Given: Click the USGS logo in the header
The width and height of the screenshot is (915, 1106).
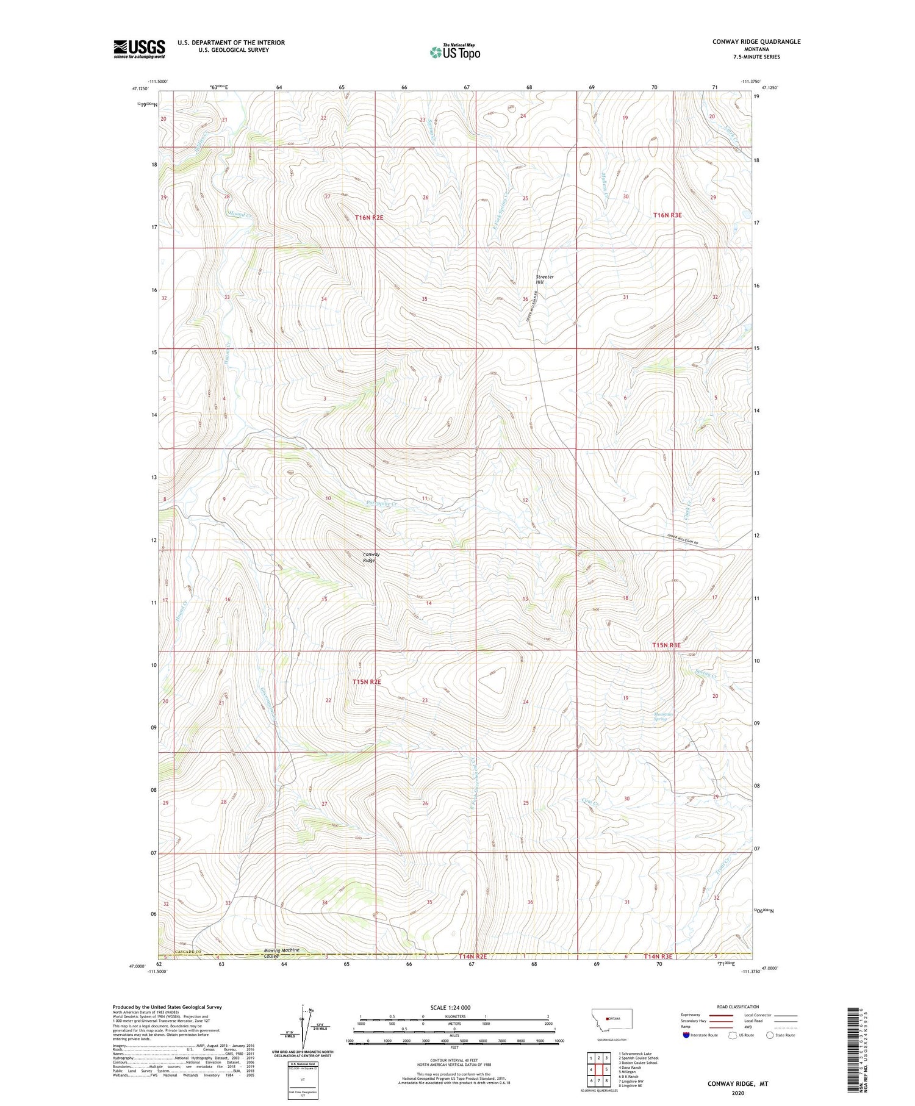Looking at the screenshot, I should pos(139,49).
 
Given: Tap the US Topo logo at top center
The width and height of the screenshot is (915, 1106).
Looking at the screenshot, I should pos(454,52).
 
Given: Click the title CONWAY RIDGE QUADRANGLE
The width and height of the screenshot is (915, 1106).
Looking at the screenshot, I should pos(756,41).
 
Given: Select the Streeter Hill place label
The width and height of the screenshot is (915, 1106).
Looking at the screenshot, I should pos(544,279).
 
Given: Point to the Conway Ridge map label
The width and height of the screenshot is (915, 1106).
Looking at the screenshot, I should pos(371,557).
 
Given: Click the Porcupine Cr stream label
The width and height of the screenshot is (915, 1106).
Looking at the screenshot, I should pos(382,504).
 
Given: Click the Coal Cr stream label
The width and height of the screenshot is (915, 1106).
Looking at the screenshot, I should pos(587,803).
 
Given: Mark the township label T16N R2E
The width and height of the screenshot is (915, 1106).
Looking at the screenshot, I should pos(369,217).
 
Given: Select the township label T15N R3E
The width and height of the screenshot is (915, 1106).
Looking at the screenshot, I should pos(666,645).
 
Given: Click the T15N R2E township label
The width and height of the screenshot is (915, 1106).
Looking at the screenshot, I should pos(367,682).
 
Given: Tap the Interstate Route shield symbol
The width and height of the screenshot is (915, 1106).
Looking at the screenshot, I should pos(686,1035).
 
